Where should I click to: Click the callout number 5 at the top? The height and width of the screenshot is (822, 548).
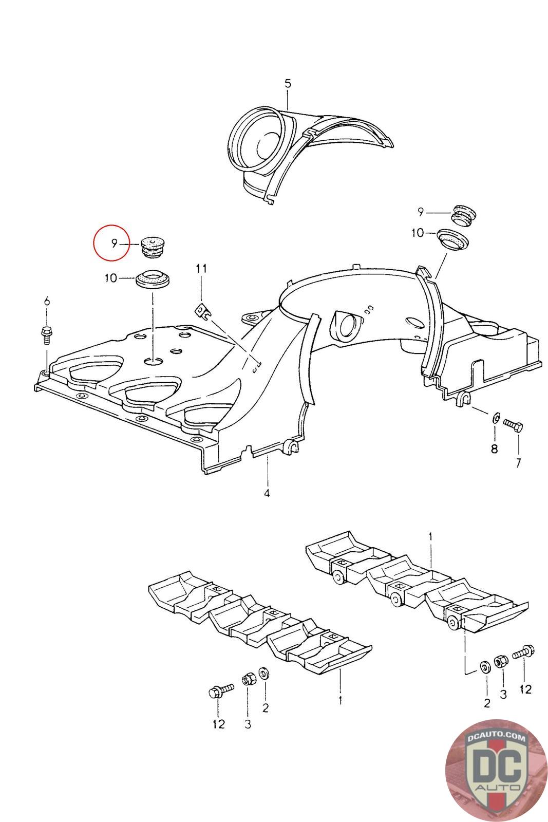click(x=288, y=83)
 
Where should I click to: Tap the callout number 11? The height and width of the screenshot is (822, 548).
click(x=201, y=268)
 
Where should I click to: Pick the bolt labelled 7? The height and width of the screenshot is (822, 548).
click(x=513, y=425)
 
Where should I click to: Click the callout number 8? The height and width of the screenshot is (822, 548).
click(x=494, y=449)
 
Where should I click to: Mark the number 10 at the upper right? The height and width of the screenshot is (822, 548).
click(x=418, y=233)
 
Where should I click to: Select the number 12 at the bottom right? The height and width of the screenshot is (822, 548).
click(x=525, y=688)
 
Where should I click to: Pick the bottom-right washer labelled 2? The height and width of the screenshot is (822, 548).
click(x=484, y=667)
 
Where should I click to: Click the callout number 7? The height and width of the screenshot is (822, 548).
click(x=518, y=462)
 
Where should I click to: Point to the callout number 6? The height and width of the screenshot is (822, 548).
click(x=47, y=301)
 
